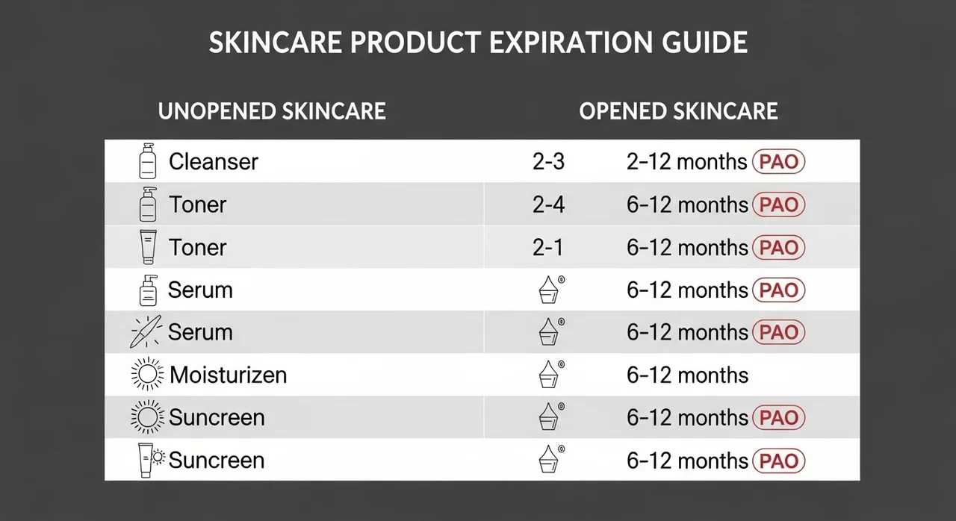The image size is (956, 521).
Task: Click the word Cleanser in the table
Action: point(214,161)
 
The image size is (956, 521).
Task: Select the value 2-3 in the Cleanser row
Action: point(548,162)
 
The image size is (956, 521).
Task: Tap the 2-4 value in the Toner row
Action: point(548,205)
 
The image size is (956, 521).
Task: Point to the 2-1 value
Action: point(547,247)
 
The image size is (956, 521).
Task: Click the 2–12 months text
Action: point(686,162)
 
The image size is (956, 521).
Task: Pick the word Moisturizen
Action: point(229,375)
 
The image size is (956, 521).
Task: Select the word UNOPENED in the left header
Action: point(217,111)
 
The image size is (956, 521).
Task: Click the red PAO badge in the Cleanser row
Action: point(778,162)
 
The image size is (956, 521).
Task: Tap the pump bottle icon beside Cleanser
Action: point(148,160)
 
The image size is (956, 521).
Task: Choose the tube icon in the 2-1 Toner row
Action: point(148,247)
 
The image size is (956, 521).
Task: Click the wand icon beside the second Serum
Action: point(146,331)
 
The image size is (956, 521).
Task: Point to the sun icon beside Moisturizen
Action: point(147,374)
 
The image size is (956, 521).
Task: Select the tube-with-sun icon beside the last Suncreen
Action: point(151,460)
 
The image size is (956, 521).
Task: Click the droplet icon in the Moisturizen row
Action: point(550,375)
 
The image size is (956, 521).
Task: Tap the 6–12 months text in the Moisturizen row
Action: point(687,375)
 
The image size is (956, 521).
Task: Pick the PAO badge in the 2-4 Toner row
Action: point(778,205)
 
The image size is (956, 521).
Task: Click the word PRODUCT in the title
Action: point(415,43)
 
